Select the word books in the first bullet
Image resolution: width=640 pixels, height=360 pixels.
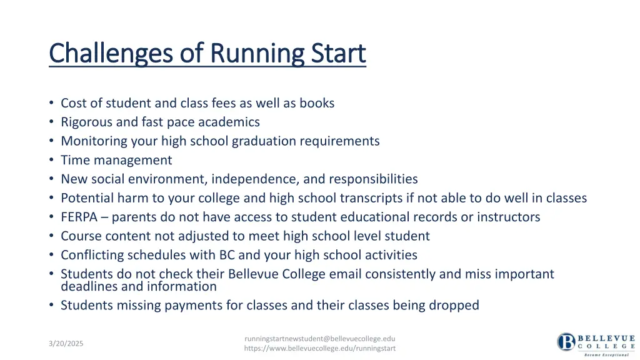point(317,103)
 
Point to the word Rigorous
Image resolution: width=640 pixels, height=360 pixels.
point(87,122)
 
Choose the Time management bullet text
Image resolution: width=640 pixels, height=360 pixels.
point(116,160)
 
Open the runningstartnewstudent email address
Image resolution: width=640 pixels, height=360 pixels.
point(320,338)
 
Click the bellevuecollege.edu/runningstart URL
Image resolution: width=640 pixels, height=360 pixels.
point(320,348)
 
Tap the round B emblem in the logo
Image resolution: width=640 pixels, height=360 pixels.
point(566,342)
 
